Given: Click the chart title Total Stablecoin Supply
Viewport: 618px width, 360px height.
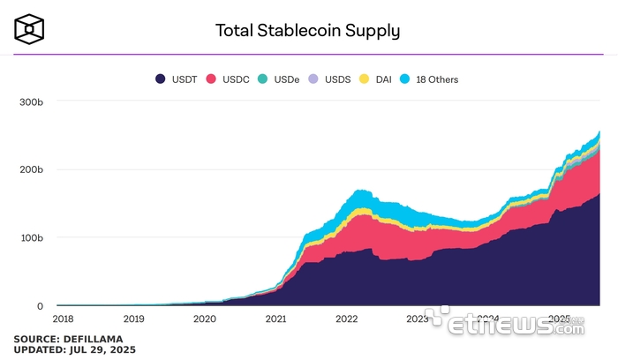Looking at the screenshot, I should tap(308, 30).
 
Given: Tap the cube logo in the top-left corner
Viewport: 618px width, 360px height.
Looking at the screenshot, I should tap(29, 29).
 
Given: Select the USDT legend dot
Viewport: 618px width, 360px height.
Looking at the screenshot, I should tap(161, 79).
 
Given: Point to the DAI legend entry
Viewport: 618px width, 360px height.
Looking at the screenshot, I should tap(377, 79).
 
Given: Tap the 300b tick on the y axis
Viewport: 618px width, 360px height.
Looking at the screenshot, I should tap(31, 102).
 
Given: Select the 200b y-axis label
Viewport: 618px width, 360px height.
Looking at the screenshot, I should tap(31, 169).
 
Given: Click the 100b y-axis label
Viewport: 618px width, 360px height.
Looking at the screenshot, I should tap(31, 238).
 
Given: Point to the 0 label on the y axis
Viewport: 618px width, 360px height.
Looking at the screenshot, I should tap(39, 306).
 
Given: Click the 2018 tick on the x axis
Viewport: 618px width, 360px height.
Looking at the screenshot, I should tap(63, 319).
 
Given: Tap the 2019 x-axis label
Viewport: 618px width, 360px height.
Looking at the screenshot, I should tap(133, 319).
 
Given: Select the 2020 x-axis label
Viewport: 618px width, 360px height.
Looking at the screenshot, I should tap(204, 319).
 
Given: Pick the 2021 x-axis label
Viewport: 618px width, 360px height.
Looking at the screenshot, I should tap(275, 319).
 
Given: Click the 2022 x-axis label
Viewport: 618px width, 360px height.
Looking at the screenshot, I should tap(346, 319).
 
